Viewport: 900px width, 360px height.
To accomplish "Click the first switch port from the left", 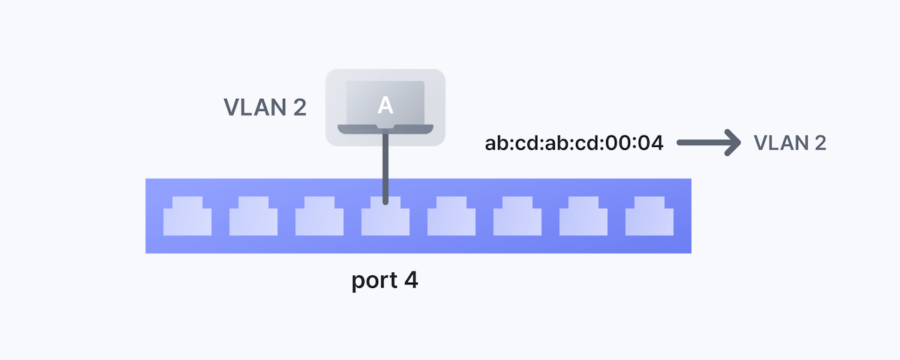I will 187,217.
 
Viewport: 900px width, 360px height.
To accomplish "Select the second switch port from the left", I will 253,217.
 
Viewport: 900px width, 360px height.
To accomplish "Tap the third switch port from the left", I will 319,217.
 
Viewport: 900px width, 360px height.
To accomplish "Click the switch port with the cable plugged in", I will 385,219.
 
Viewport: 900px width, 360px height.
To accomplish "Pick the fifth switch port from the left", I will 451,217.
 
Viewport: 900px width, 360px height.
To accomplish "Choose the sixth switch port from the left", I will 517,217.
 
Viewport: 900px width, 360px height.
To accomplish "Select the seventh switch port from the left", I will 583,217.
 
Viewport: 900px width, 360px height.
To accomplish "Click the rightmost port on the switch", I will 649,217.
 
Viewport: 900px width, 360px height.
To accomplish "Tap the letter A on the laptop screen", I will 385,106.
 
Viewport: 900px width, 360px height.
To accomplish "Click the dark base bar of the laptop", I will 385,130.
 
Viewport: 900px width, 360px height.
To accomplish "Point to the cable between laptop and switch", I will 385,165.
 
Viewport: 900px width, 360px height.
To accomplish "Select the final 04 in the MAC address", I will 652,142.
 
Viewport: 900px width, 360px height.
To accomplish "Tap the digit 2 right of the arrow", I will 820,142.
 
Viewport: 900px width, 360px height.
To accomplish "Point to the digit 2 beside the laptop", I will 298,107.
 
